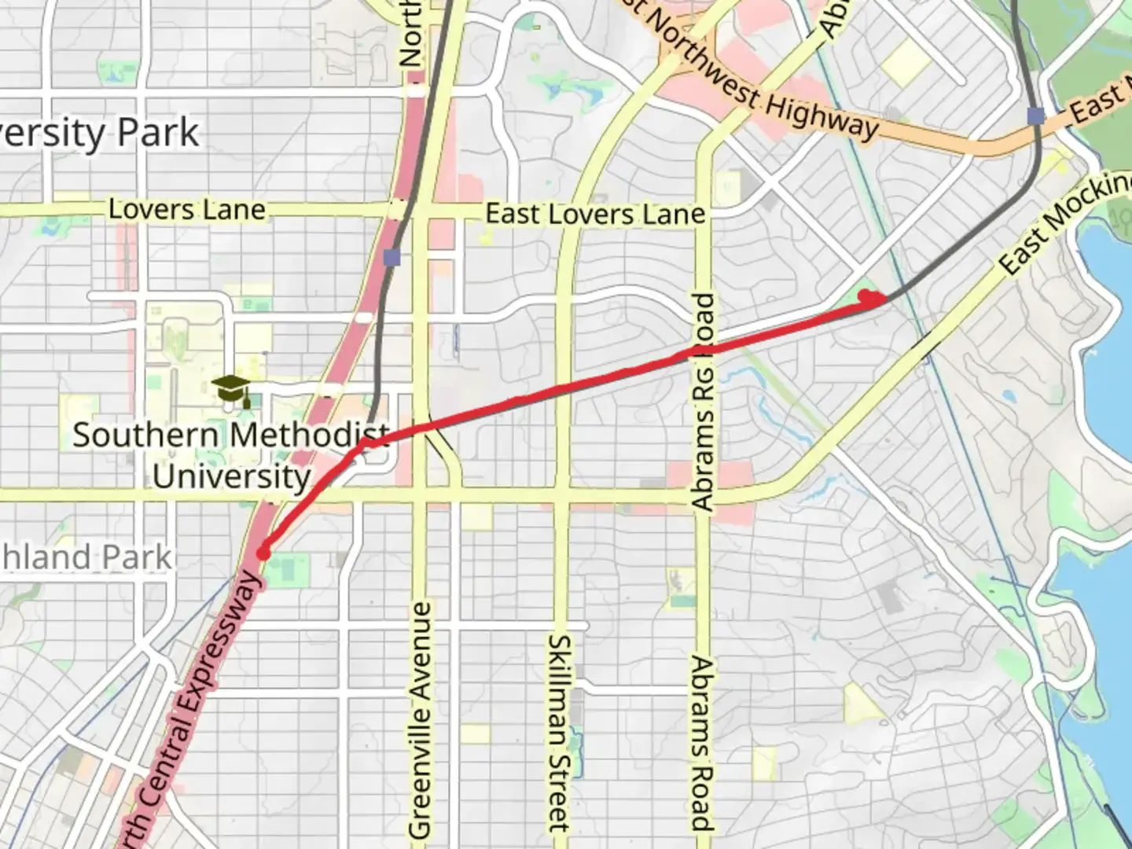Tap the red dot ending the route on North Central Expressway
263,553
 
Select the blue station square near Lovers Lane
392,257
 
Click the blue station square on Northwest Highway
1036,116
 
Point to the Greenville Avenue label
421,719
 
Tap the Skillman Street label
559,733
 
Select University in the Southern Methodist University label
232,476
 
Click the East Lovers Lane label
595,214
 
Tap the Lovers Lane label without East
187,209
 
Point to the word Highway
822,117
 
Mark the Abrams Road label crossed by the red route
703,401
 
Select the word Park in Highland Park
134,557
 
